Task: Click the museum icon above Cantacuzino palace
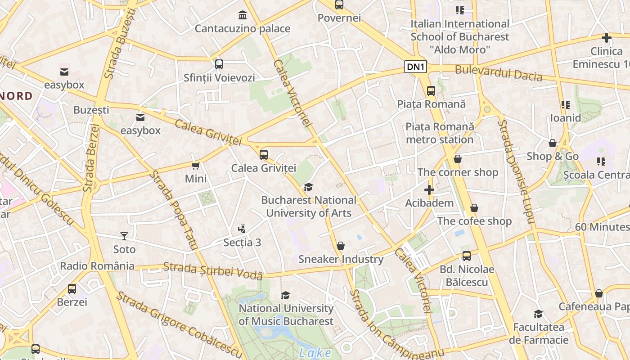[243, 15]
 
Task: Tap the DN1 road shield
[415, 67]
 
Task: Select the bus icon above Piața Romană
[431, 91]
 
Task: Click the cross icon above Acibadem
[429, 190]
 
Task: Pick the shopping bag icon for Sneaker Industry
[341, 246]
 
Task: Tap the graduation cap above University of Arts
[308, 187]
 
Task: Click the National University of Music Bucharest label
[286, 315]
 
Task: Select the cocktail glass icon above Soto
[124, 236]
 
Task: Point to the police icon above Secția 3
[242, 229]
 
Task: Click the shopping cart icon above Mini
[196, 166]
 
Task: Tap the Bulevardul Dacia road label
[498, 73]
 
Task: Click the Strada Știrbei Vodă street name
[212, 270]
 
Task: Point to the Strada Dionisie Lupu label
[517, 171]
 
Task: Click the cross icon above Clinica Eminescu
[606, 38]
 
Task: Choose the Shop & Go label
[552, 156]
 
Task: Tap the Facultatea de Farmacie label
[539, 333]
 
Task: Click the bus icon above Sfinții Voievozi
[219, 64]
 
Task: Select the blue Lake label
[315, 353]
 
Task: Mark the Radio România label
[97, 266]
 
